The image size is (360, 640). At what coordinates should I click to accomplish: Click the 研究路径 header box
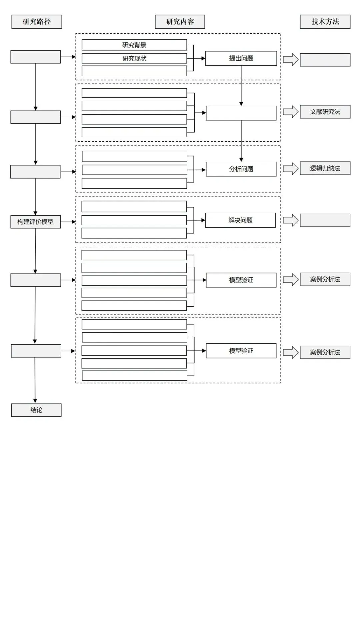[x=37, y=22]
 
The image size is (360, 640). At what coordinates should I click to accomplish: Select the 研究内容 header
[x=180, y=22]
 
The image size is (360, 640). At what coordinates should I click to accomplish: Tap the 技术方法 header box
[x=325, y=22]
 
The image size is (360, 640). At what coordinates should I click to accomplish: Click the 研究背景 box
[x=134, y=45]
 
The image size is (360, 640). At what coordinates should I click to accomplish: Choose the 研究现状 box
[x=134, y=58]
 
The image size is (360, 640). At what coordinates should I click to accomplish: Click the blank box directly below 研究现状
[x=134, y=71]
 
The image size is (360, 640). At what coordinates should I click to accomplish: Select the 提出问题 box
[x=241, y=58]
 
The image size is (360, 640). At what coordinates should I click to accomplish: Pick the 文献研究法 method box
[x=325, y=112]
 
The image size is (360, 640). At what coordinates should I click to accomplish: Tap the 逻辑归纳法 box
[x=325, y=168]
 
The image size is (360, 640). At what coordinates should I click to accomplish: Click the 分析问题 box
[x=241, y=169]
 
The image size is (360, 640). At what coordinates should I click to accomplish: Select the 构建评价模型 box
[x=35, y=222]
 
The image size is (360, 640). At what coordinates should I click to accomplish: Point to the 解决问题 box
[x=240, y=220]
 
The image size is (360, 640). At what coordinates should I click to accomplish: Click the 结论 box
[x=36, y=410]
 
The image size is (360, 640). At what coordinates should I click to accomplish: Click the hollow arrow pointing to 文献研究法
[x=291, y=112]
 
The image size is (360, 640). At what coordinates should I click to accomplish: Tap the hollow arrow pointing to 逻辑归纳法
[x=291, y=169]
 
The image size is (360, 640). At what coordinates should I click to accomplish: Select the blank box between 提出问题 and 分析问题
[x=241, y=113]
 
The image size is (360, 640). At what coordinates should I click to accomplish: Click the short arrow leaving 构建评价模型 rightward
[x=68, y=222]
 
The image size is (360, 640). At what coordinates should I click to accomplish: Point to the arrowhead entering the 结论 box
[x=35, y=401]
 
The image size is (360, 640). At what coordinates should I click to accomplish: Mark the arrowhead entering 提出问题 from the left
[x=203, y=58]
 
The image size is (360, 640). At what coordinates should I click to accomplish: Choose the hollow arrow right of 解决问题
[x=291, y=220]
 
